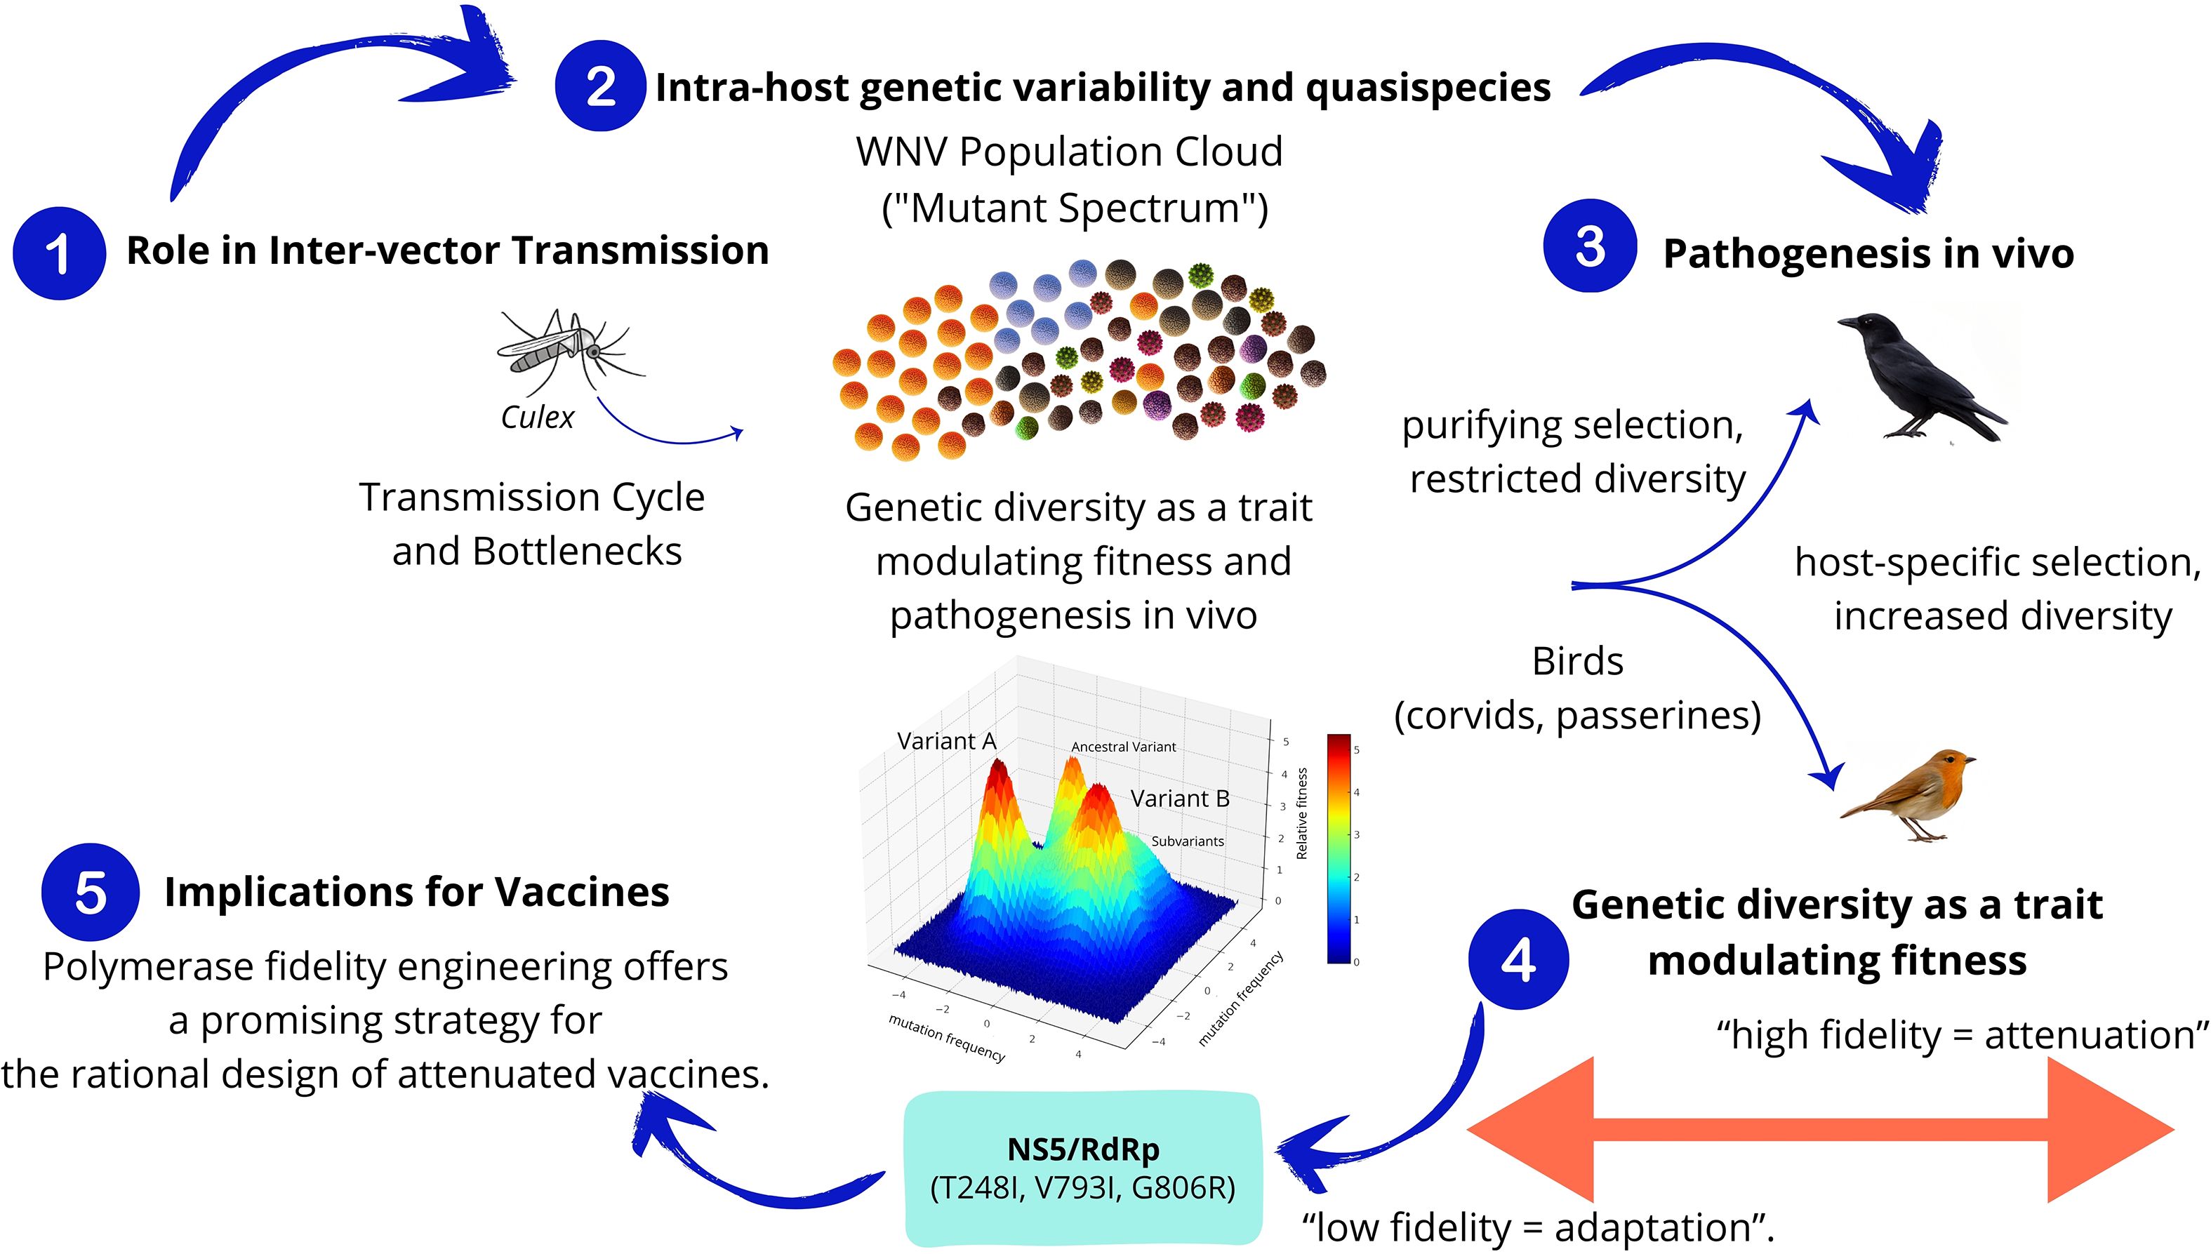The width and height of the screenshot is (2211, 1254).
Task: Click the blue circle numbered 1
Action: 58,253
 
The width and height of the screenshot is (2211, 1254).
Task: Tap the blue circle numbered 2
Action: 599,86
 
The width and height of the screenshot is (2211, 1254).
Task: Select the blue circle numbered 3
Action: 1589,246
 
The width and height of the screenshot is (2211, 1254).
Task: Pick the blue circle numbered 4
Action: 1518,959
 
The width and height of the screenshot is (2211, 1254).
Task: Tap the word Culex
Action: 538,418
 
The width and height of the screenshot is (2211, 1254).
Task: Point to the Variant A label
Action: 945,741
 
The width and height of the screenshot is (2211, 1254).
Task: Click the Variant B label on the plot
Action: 1179,799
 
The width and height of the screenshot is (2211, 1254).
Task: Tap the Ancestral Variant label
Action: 1123,747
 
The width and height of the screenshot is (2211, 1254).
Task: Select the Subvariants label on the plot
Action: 1187,841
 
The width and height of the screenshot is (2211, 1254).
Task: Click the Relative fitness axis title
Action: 1301,813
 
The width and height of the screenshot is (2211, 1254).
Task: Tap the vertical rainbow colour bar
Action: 1339,848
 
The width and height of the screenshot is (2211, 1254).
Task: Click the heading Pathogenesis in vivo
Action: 1867,253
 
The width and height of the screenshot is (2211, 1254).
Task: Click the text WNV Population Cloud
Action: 1069,152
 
